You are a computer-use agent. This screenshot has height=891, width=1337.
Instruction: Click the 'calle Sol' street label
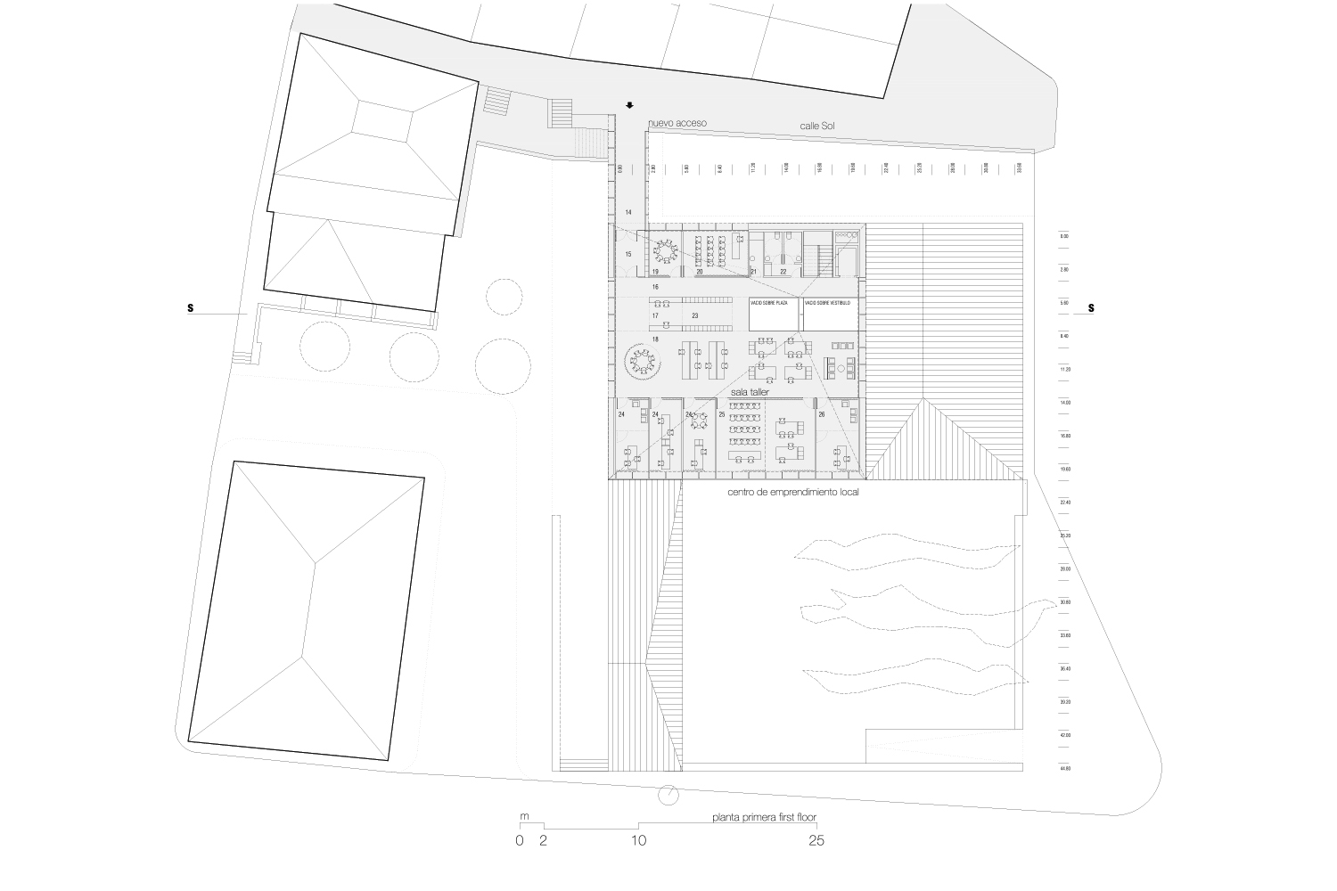[x=819, y=128]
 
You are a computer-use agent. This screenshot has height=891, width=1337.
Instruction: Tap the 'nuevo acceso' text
[x=677, y=123]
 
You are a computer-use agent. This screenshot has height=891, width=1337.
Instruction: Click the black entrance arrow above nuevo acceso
[x=629, y=105]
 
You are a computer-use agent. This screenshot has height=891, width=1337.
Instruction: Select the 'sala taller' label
[x=750, y=391]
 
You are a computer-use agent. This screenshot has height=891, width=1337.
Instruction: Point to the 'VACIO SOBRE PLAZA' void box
[x=773, y=315]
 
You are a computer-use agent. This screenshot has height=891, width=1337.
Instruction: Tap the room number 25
[x=721, y=414]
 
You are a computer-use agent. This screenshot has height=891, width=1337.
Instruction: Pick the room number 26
[x=821, y=414]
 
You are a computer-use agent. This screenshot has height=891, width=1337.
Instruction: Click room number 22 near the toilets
[x=783, y=271]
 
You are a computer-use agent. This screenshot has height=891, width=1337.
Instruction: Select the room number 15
[x=627, y=255]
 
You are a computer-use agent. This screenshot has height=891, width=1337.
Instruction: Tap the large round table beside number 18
[x=640, y=360]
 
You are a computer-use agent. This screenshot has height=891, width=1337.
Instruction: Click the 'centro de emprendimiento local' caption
[x=792, y=492]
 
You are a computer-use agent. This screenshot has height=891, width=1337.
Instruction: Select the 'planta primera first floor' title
[x=764, y=816]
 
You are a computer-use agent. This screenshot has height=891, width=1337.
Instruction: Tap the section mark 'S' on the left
[x=190, y=309]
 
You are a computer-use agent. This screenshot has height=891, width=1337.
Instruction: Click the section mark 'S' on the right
[x=1091, y=309]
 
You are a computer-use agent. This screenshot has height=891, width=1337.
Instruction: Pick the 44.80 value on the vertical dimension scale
[x=1064, y=768]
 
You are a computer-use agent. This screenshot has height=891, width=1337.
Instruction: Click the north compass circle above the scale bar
[x=668, y=794]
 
